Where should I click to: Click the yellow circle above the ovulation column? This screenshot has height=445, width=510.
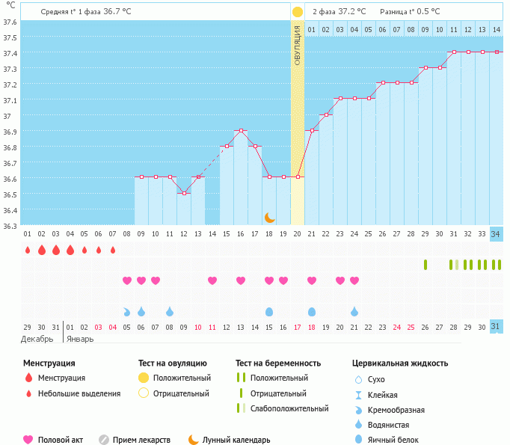[x=298, y=12]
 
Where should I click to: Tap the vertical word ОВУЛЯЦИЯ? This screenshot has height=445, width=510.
[x=298, y=45]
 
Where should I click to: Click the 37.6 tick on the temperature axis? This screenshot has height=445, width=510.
[x=10, y=21]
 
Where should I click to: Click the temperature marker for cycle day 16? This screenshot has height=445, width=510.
[x=241, y=131]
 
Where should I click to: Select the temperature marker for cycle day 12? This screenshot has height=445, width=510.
[x=184, y=193]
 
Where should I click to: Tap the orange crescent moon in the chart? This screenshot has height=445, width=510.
[x=270, y=217]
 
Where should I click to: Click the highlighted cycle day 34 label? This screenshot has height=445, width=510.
[x=496, y=233]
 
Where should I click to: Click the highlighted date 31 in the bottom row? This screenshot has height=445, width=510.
[x=496, y=327]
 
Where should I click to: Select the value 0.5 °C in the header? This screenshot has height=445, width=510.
[x=428, y=12]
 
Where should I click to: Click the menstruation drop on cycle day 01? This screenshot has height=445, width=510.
[x=28, y=250]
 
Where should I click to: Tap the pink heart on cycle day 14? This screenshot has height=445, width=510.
[x=212, y=280]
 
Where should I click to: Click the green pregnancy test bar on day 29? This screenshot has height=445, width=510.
[x=425, y=264]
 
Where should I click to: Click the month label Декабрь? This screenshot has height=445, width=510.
[x=37, y=339]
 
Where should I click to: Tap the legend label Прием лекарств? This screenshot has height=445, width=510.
[x=141, y=440]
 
